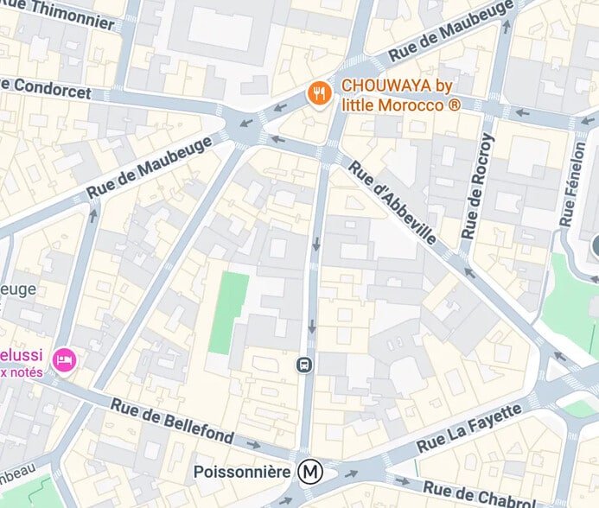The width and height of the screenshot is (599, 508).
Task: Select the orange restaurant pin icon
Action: coord(320,92)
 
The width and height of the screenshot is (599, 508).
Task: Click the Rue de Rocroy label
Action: coord(479,186)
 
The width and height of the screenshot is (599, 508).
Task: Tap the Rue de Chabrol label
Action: coord(493,493)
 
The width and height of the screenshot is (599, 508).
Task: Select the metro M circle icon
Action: coord(309,472)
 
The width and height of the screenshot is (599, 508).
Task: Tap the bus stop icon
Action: coord(304,365)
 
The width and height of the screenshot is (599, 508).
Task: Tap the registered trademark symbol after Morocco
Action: coord(455,105)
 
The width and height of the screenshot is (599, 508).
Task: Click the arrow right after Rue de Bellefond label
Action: coord(252,444)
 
